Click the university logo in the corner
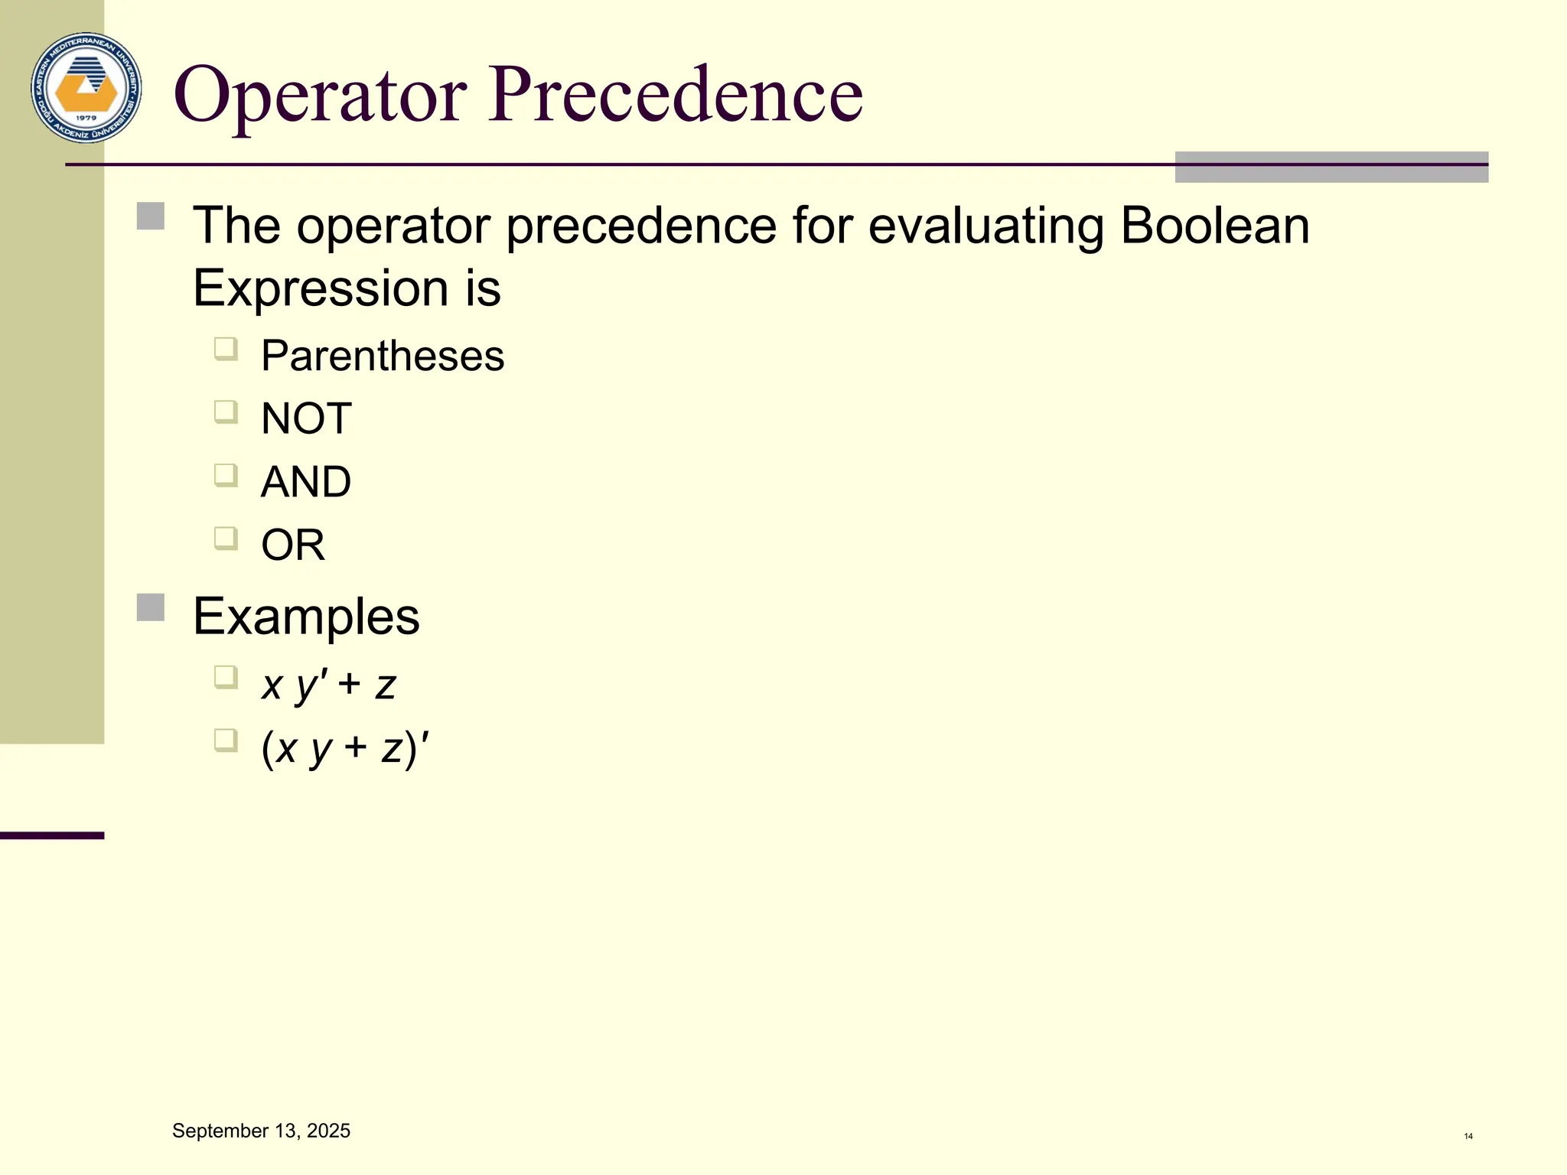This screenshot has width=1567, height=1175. click(86, 88)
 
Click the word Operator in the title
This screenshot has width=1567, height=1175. click(320, 95)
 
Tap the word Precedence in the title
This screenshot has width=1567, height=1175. click(676, 95)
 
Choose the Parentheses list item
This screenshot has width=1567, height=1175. click(383, 356)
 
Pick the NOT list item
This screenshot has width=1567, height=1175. click(306, 418)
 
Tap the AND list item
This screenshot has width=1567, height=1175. click(306, 482)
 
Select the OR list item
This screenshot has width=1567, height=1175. click(293, 545)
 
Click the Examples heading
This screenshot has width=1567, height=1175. click(306, 617)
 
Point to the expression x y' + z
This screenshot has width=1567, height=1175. click(328, 684)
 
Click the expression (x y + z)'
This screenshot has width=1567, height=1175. click(345, 747)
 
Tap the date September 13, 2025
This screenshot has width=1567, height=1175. click(261, 1131)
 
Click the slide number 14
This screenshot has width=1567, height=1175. click(1468, 1136)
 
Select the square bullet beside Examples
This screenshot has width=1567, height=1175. click(151, 608)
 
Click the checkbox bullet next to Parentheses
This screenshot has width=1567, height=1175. click(226, 350)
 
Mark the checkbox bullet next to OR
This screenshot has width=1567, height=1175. click(226, 539)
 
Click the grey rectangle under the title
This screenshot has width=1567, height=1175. click(1331, 168)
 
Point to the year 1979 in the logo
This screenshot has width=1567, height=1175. click(86, 118)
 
